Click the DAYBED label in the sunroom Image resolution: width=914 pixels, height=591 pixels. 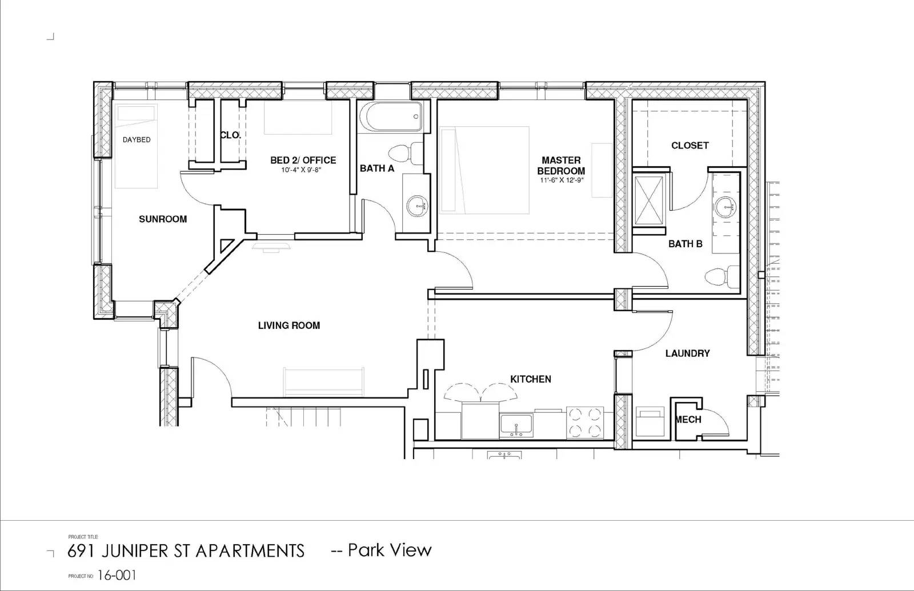(137, 140)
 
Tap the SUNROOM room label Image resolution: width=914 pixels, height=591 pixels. (163, 219)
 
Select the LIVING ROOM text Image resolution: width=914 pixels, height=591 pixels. (289, 325)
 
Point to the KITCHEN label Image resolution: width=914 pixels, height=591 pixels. (531, 379)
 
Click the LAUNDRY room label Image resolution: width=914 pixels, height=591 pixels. (688, 353)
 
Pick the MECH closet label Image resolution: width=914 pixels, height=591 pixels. (688, 419)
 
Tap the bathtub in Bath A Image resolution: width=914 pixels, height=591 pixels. (391, 116)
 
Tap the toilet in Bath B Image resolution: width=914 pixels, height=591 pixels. (722, 277)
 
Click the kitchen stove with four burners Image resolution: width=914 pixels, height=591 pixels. (585, 423)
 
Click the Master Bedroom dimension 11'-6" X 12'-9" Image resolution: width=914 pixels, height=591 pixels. (562, 180)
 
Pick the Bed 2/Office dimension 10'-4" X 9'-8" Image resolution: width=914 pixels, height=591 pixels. (301, 170)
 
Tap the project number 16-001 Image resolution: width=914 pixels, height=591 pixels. (117, 576)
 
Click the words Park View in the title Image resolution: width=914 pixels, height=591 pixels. (390, 550)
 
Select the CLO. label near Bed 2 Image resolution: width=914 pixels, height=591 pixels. (231, 135)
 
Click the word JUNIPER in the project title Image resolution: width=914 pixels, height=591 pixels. (134, 551)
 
